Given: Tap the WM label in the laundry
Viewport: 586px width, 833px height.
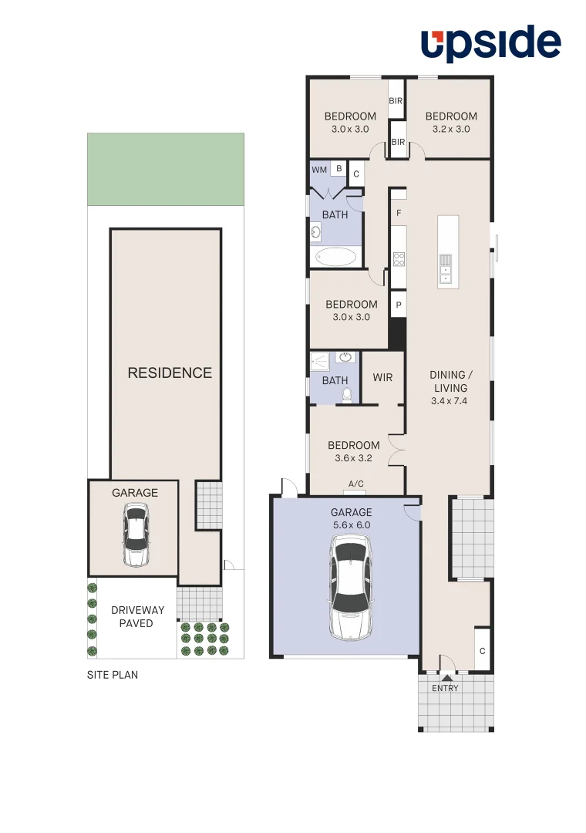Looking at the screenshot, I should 318,170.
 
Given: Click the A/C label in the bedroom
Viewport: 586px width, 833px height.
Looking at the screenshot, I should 356,484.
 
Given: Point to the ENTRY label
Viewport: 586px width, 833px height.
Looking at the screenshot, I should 445,688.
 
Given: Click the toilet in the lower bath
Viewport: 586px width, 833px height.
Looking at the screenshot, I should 347,395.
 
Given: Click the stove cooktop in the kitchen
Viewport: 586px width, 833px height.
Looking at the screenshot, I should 399,261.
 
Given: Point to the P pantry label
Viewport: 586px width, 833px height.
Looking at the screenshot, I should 399,305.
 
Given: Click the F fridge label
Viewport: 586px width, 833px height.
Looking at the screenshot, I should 399,213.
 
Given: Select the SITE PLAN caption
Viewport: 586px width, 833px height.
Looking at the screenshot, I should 113,675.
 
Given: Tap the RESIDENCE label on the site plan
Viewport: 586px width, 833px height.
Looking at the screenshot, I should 170,373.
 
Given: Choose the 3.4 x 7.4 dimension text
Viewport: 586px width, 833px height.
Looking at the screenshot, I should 450,401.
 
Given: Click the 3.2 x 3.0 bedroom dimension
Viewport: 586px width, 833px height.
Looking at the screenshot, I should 451,129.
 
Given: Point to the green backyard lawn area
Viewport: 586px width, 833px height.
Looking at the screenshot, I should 166,169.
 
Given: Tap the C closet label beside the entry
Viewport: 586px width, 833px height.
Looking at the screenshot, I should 482,650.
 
